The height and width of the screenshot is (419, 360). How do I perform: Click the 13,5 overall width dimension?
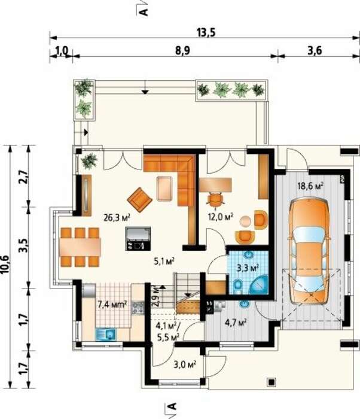(206, 32)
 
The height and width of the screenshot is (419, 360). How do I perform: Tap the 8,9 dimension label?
(182, 50)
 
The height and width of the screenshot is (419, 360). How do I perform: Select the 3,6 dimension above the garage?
(315, 50)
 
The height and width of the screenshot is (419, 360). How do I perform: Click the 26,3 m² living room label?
(117, 217)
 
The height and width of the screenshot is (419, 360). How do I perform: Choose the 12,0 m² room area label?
(220, 217)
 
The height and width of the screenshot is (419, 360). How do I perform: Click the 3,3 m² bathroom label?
(248, 268)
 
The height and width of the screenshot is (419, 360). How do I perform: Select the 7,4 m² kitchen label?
(112, 304)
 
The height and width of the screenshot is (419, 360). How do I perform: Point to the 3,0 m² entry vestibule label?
(185, 365)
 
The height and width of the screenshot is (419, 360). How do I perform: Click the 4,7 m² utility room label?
(236, 323)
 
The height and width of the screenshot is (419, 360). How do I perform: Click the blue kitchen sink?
(105, 334)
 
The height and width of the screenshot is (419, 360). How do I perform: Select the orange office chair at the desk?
(215, 199)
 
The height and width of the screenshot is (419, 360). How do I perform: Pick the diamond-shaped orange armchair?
(140, 199)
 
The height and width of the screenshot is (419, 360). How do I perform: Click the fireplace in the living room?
(138, 239)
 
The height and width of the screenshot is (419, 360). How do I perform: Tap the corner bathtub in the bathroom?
(258, 284)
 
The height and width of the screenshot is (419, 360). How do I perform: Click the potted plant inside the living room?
(89, 161)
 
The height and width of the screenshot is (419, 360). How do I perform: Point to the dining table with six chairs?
(80, 247)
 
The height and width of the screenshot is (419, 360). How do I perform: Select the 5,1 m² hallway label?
(164, 260)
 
